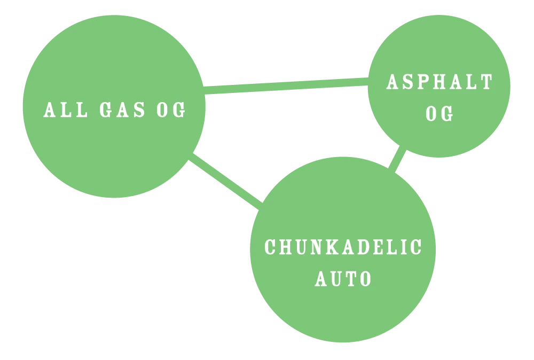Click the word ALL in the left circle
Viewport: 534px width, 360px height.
point(65,110)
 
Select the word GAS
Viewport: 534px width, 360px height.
point(123,110)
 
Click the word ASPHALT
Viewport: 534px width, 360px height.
point(439,82)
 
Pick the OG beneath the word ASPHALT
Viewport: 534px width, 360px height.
point(439,113)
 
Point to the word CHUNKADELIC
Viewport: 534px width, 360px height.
point(343,247)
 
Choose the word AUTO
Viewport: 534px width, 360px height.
point(343,279)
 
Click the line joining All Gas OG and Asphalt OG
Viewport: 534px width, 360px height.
point(286,86)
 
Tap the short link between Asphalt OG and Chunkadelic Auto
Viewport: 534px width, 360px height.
point(397,159)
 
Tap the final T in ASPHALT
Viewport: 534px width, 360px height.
point(487,82)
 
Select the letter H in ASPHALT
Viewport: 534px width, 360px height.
point(440,82)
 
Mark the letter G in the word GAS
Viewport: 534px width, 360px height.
point(107,110)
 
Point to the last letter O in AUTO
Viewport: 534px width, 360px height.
point(366,279)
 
